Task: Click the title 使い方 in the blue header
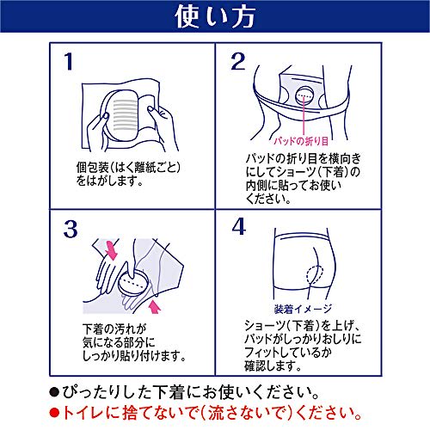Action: [214, 16]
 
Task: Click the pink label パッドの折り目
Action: [320, 139]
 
